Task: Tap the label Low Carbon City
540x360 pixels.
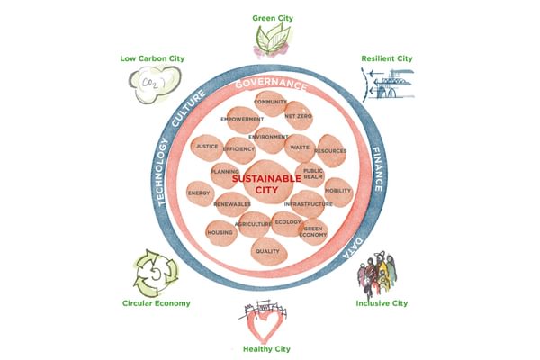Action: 152,59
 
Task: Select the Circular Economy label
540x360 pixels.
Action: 157,303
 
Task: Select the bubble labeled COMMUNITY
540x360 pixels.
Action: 271,103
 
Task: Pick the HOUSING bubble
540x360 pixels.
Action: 220,233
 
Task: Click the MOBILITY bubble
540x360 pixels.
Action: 337,191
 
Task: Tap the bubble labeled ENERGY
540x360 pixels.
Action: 199,193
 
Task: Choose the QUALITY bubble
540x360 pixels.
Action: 267,251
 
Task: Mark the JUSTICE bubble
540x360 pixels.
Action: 207,146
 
